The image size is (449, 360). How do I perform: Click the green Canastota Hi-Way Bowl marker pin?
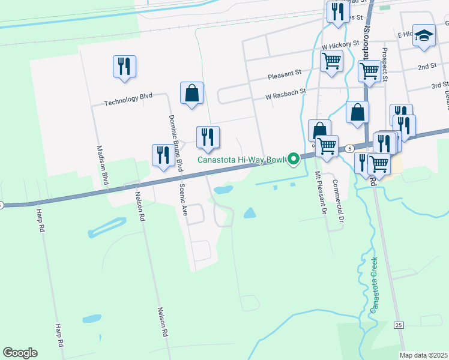click(294, 159)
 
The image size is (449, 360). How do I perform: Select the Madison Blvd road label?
click(102, 164)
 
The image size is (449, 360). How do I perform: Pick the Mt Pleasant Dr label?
click(319, 193)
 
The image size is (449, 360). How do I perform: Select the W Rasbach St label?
click(286, 93)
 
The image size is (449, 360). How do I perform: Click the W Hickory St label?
click(340, 46)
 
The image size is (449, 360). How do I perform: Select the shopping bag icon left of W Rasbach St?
click(191, 93)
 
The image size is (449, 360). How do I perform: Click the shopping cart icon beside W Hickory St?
click(331, 61)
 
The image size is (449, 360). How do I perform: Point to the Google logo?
click(20, 353)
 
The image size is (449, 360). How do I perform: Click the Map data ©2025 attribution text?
click(423, 355)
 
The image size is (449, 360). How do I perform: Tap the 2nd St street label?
click(427, 66)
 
